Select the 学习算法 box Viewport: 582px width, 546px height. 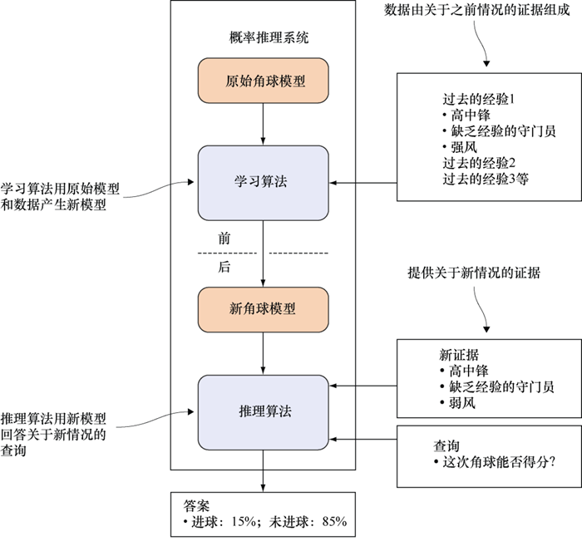[263, 182]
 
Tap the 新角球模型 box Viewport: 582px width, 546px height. [263, 308]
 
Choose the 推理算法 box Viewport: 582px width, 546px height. [263, 411]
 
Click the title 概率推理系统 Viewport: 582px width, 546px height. [263, 38]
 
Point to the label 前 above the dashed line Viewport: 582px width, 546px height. [224, 239]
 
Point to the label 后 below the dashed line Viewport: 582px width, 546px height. [224, 267]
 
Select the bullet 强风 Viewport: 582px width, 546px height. [462, 146]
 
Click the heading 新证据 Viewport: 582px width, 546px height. [459, 353]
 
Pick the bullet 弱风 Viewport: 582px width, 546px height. [462, 402]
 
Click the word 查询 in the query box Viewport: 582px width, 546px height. [446, 445]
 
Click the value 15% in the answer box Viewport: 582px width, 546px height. [244, 522]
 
